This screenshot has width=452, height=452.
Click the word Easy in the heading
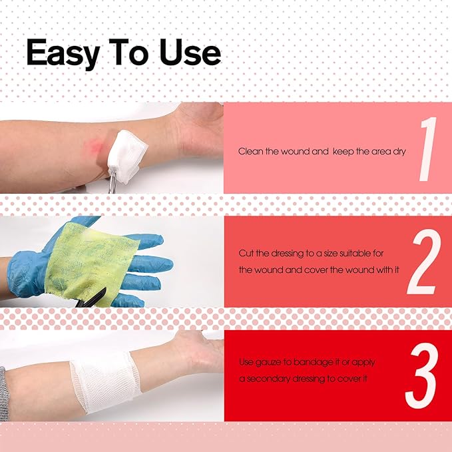tap(63, 54)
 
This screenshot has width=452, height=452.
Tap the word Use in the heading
tap(190, 52)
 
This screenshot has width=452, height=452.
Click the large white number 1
tap(428, 149)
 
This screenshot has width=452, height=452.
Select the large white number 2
tap(424, 262)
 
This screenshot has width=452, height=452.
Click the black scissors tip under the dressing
tap(93, 297)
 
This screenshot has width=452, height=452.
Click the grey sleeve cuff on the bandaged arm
tap(4, 393)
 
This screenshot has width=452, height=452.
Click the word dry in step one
tap(399, 152)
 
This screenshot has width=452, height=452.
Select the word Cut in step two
tap(246, 254)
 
